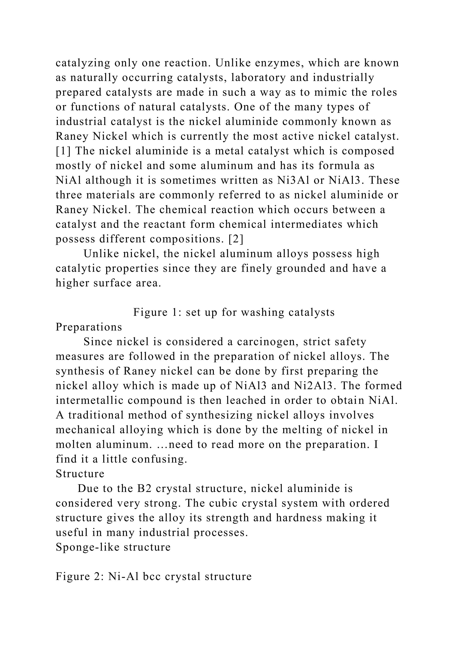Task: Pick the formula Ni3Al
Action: pyautogui.click(x=293, y=180)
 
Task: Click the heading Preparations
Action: pyautogui.click(x=89, y=327)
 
